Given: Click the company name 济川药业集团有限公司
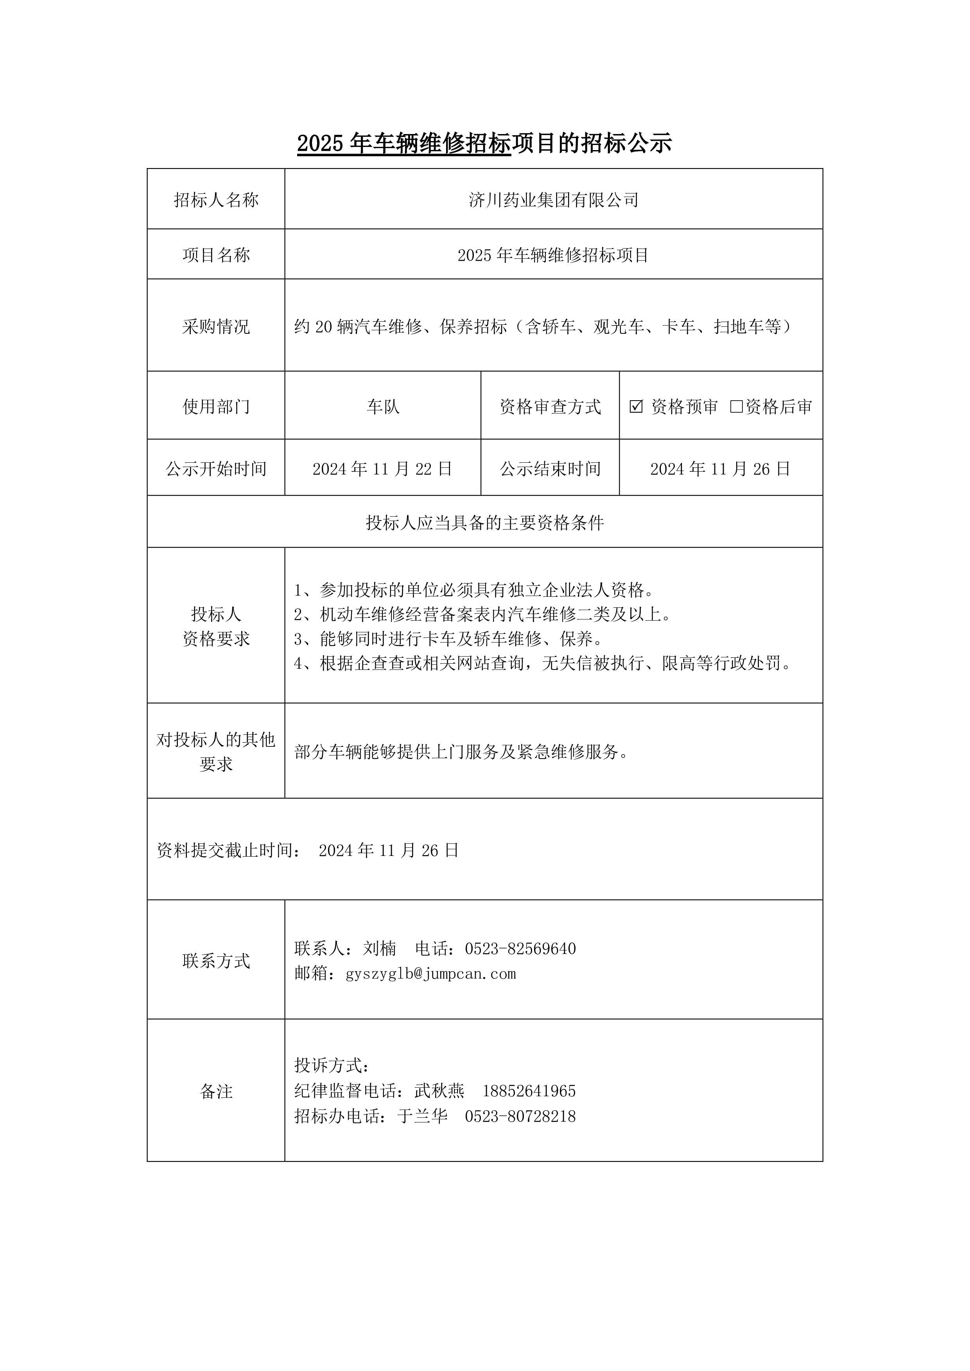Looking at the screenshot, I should pos(553,200).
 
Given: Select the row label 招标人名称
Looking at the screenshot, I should pos(216,200).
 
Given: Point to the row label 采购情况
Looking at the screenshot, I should pos(216,327).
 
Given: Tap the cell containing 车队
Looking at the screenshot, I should pos(382,406).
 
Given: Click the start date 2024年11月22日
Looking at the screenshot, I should pos(382,469).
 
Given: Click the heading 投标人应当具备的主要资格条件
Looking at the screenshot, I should pos(484,523).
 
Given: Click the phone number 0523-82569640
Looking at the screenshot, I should pos(520,949).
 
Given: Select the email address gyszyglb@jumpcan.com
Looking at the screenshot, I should pos(430,974).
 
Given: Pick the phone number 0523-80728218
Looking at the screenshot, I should pos(520,1117).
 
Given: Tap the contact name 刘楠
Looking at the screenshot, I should pos(379,949).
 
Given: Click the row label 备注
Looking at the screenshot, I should pos(216,1092).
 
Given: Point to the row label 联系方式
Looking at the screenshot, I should pos(216,961).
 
